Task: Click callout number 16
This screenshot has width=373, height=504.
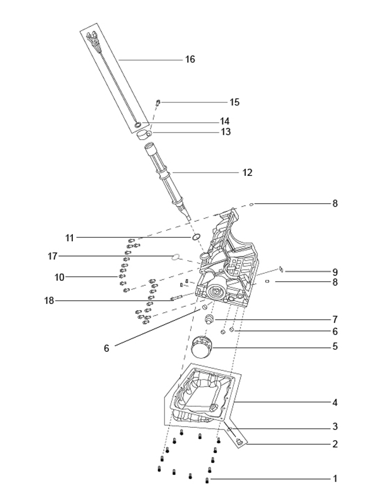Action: pos(190,59)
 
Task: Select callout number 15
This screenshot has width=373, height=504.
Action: pos(234,102)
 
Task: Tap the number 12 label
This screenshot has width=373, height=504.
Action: pos(248,173)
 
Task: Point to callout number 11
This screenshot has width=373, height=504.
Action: pos(70,238)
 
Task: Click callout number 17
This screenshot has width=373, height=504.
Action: pos(53,256)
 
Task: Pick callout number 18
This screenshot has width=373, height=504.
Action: pos(49,301)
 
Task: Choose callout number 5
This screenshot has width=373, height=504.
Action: pos(335,346)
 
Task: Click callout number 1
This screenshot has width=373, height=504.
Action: pos(335,479)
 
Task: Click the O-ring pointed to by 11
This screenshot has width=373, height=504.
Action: pos(196,237)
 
